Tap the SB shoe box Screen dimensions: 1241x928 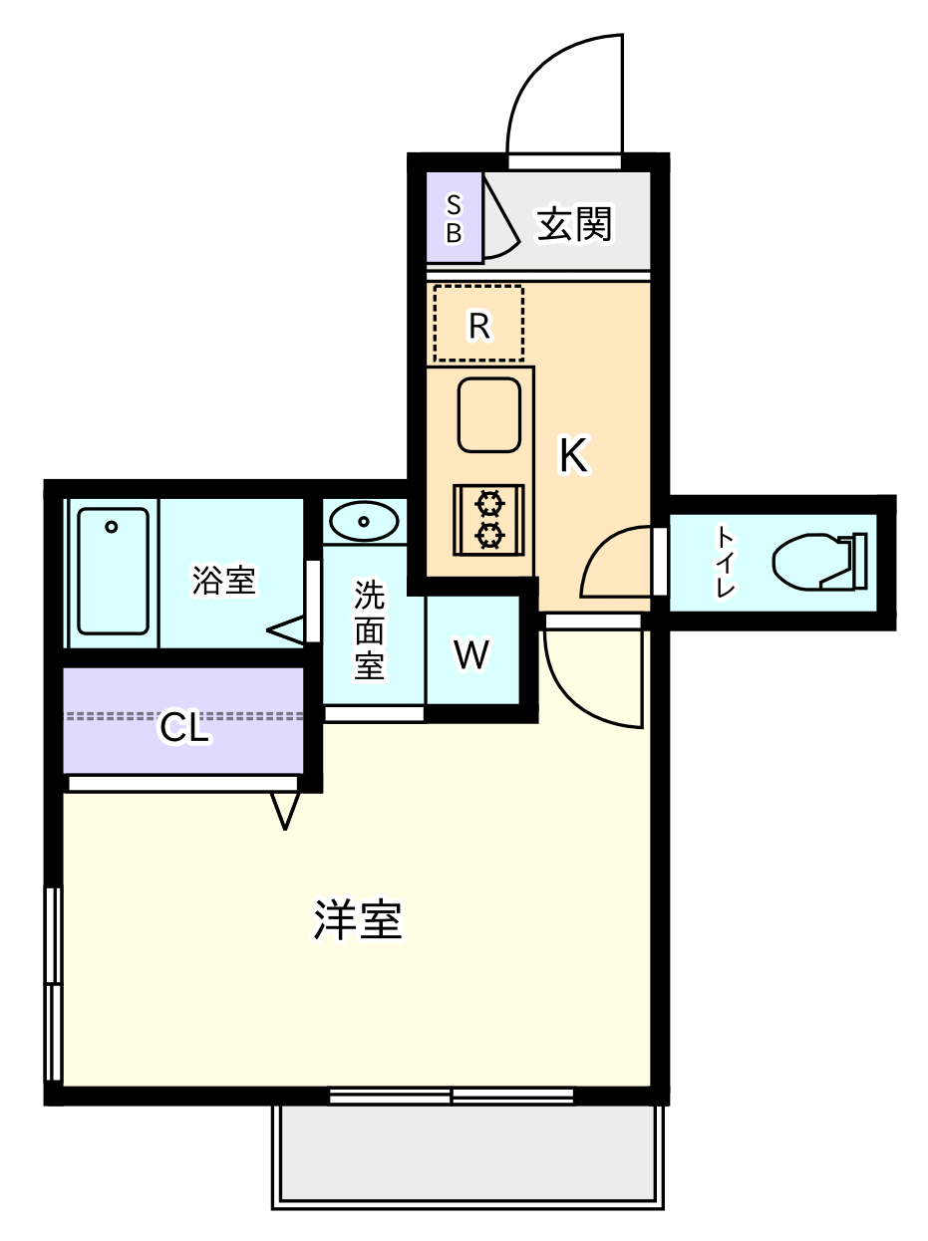click(x=454, y=218)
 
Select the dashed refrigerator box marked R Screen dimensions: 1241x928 click(x=478, y=324)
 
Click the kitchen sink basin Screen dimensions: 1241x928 click(x=488, y=414)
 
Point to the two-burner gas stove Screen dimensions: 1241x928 click(x=488, y=519)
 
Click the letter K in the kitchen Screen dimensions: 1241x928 click(x=573, y=455)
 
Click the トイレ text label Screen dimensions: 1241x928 click(x=725, y=562)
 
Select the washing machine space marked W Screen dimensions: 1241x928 click(x=471, y=654)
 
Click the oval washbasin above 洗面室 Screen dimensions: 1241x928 click(x=364, y=520)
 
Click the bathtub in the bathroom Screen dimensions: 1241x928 click(x=113, y=571)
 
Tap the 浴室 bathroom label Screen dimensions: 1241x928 click(x=224, y=580)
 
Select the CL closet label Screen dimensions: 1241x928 click(x=185, y=729)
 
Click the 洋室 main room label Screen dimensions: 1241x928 click(x=358, y=921)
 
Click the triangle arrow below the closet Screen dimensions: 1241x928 click(x=285, y=808)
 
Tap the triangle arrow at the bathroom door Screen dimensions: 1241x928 click(x=287, y=630)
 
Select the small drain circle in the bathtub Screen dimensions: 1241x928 click(x=112, y=526)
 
